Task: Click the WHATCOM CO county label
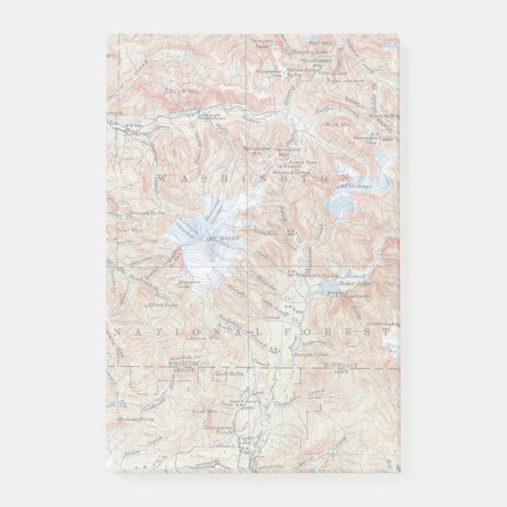(188, 363)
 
